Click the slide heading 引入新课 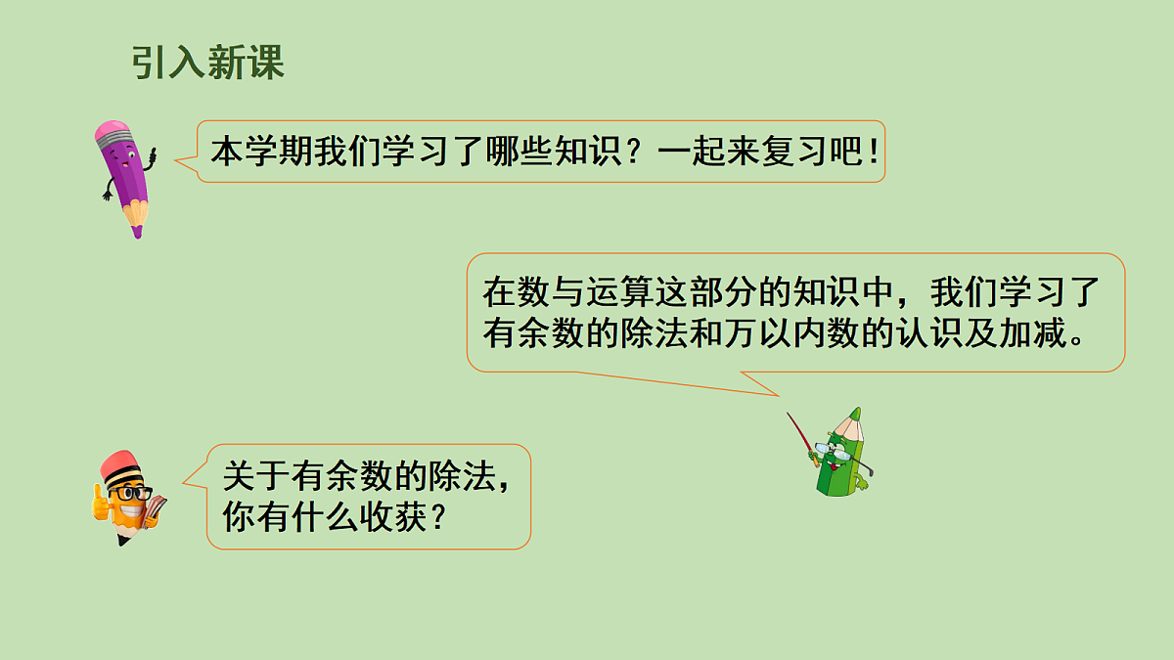pyautogui.click(x=207, y=64)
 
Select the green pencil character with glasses pyautogui.click(x=841, y=455)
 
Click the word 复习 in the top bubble pyautogui.click(x=784, y=153)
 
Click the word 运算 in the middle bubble pyautogui.click(x=610, y=291)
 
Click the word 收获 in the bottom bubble pyautogui.click(x=402, y=516)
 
